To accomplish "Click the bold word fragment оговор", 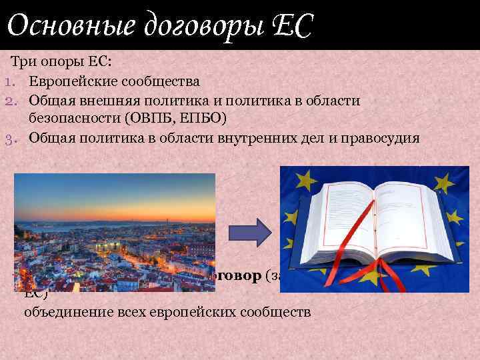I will click(x=237, y=277).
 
